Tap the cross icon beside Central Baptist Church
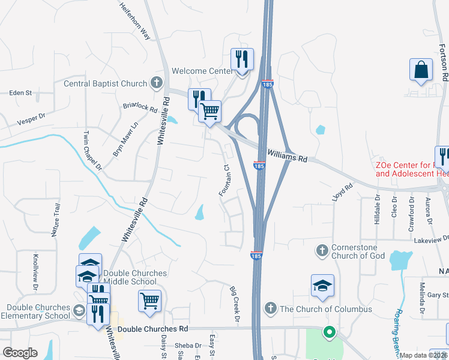click(x=157, y=83)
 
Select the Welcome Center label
click(x=202, y=71)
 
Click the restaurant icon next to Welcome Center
click(x=243, y=59)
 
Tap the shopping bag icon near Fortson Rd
click(x=421, y=69)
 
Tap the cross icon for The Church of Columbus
click(x=270, y=308)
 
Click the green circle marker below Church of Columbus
click(x=328, y=331)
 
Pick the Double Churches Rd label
click(x=152, y=329)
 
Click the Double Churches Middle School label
click(x=135, y=277)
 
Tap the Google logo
click(x=20, y=353)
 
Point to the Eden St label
click(x=20, y=93)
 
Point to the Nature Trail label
click(x=56, y=220)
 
